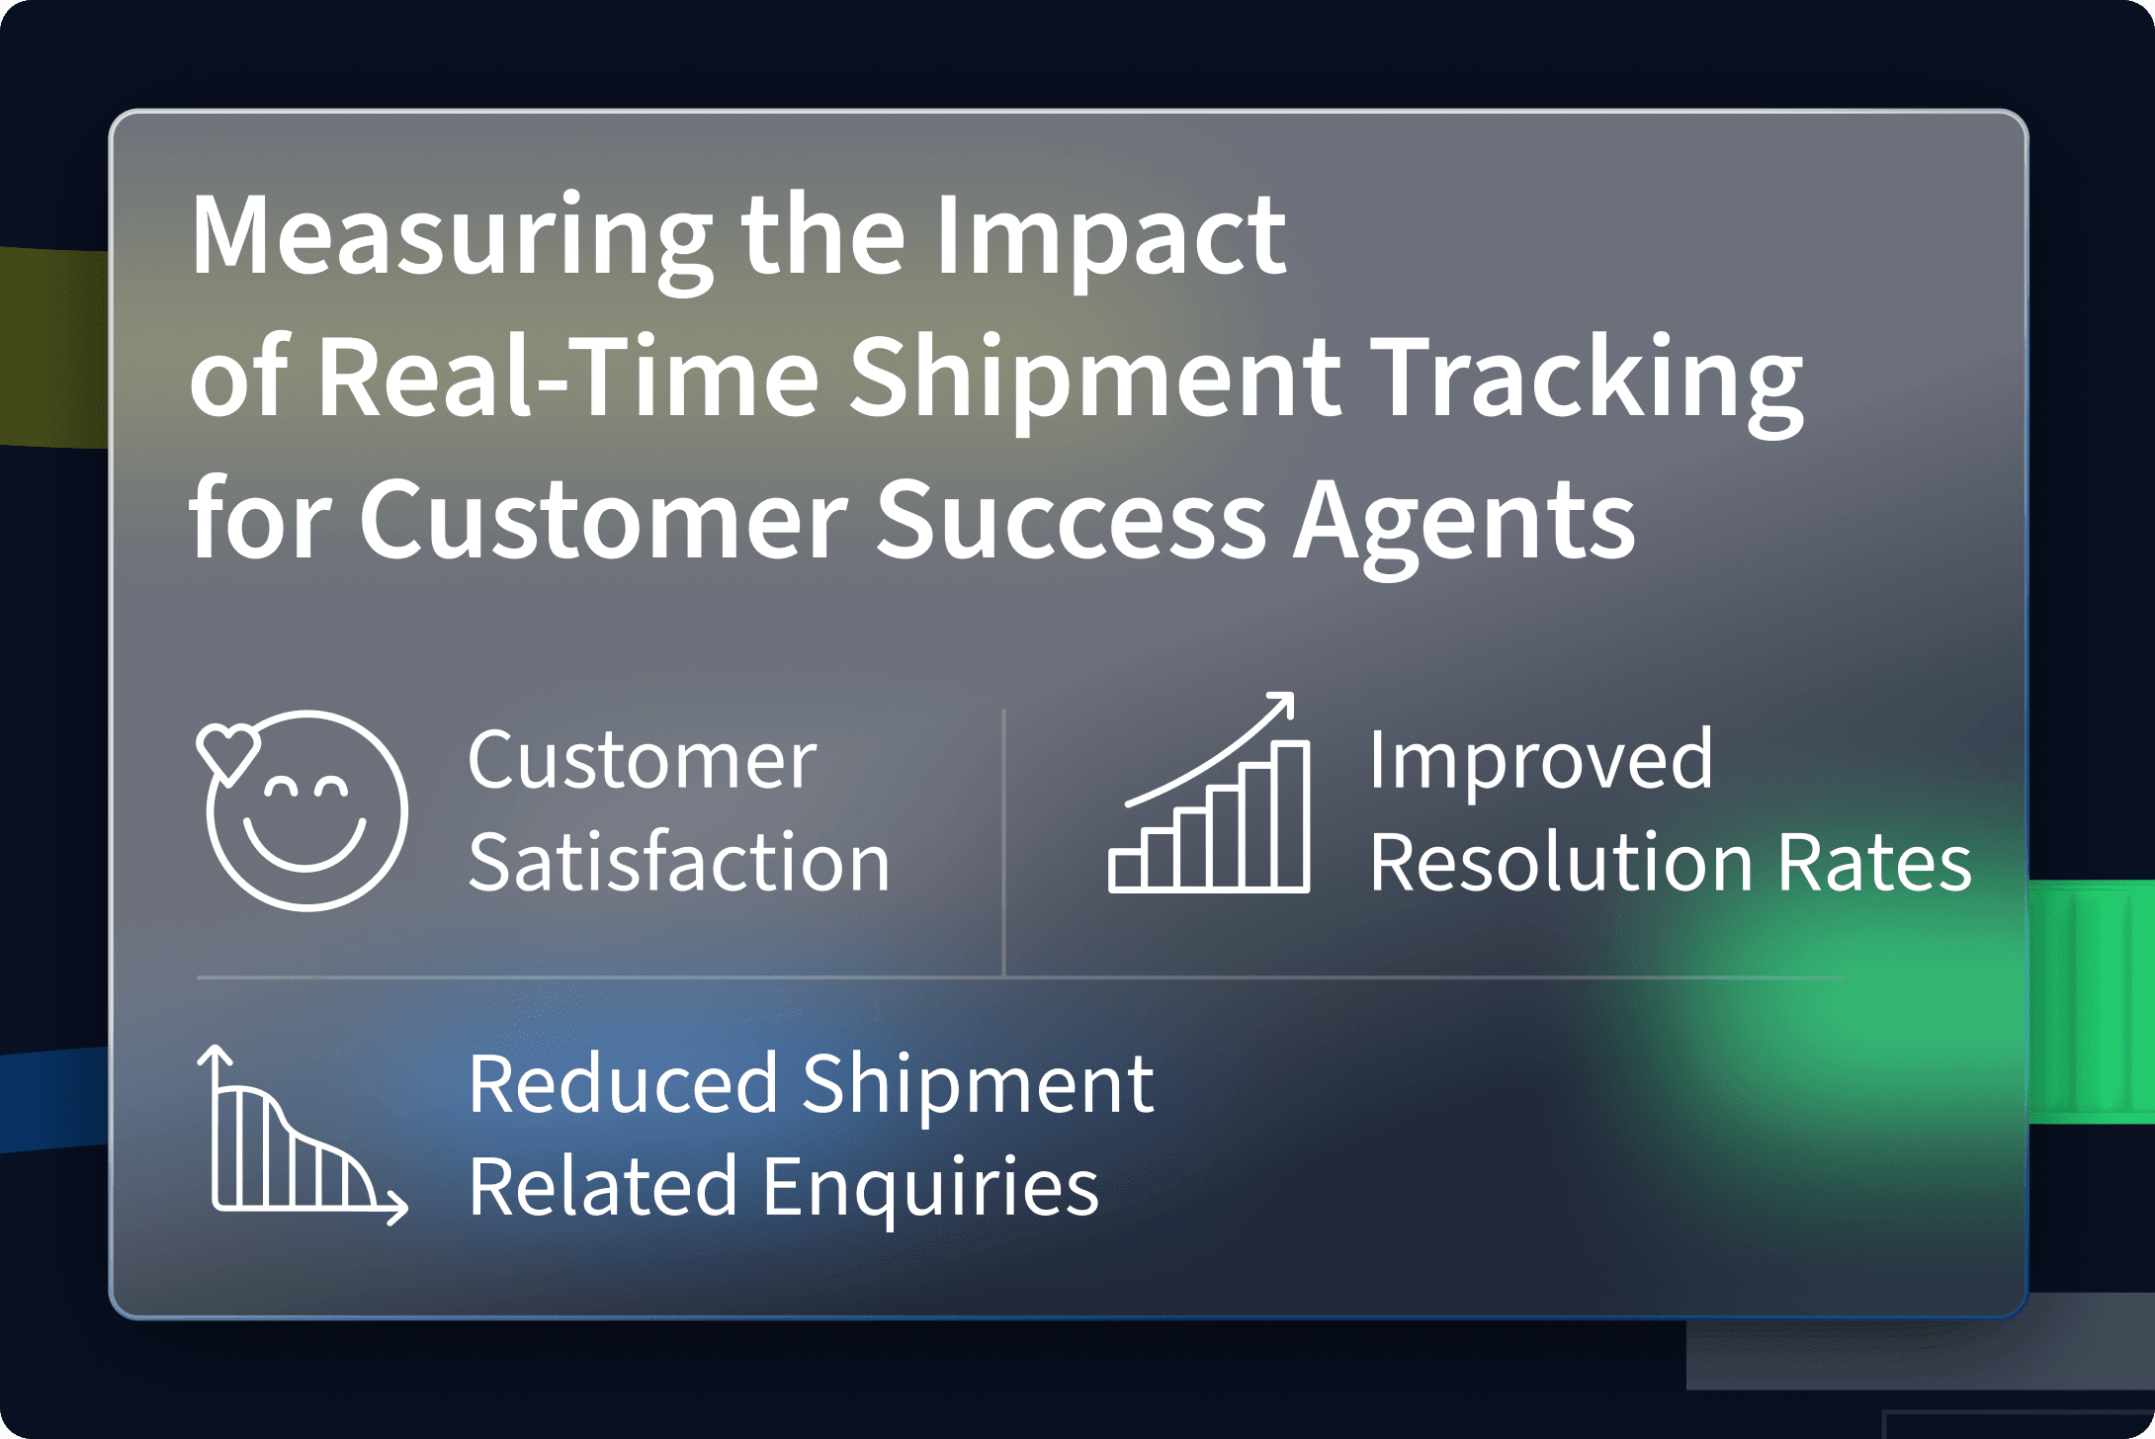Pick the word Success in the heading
[1071, 520]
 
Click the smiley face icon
[302, 810]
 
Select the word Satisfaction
[679, 862]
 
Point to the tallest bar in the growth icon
[1290, 815]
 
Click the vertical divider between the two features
[1003, 842]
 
